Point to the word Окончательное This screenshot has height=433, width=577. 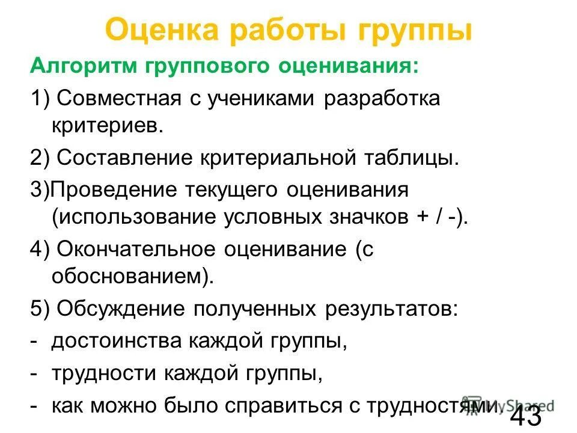(138, 249)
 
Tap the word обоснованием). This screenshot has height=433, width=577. (133, 278)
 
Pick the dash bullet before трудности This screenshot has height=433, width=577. (34, 374)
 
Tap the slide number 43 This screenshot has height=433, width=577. (526, 416)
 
